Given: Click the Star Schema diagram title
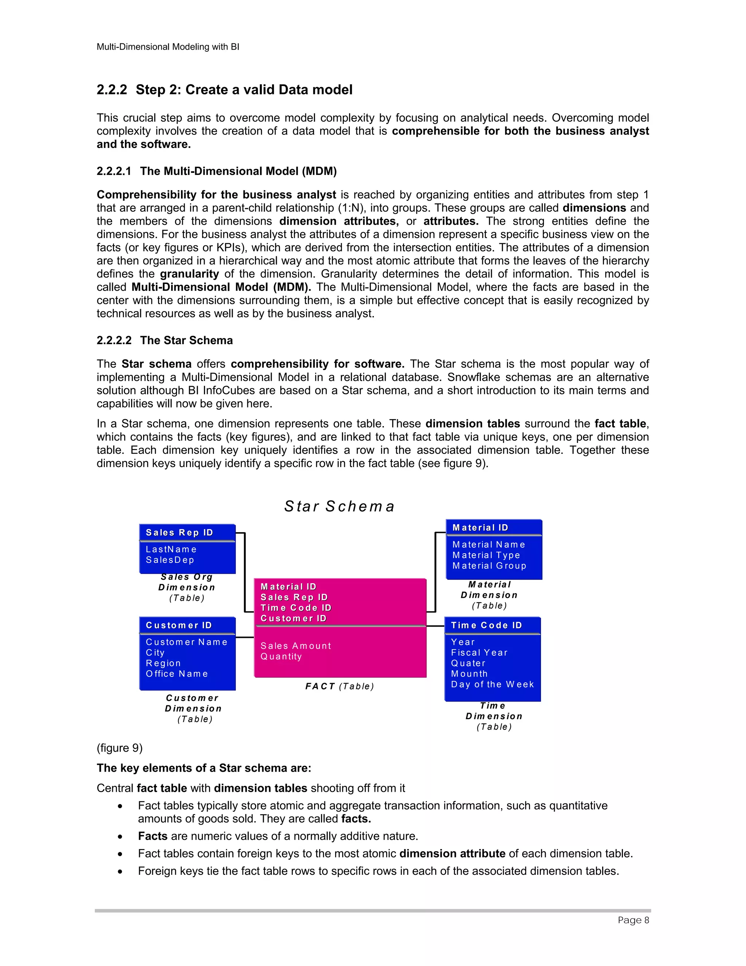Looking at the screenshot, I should [x=339, y=506].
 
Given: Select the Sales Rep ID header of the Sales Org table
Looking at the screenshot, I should [x=180, y=533].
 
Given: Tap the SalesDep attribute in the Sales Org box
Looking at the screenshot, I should [x=170, y=560].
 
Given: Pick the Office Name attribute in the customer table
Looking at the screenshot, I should [x=177, y=674].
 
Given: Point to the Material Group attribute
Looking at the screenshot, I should [x=489, y=566].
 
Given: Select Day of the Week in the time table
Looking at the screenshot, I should [x=492, y=684].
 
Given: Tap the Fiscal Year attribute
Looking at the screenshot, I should [x=479, y=653].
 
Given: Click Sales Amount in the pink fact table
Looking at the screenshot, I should [x=296, y=646].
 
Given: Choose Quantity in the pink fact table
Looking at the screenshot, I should [x=281, y=657].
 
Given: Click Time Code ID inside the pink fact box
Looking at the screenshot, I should [x=296, y=608].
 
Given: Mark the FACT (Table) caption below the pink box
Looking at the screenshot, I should [x=339, y=686].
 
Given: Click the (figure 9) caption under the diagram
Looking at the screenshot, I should [x=119, y=748].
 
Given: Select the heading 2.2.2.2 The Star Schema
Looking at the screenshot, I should [x=165, y=340].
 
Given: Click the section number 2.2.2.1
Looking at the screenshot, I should [x=114, y=171].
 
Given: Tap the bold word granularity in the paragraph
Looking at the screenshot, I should [x=189, y=274].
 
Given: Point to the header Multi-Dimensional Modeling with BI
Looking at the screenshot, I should [x=168, y=47].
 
